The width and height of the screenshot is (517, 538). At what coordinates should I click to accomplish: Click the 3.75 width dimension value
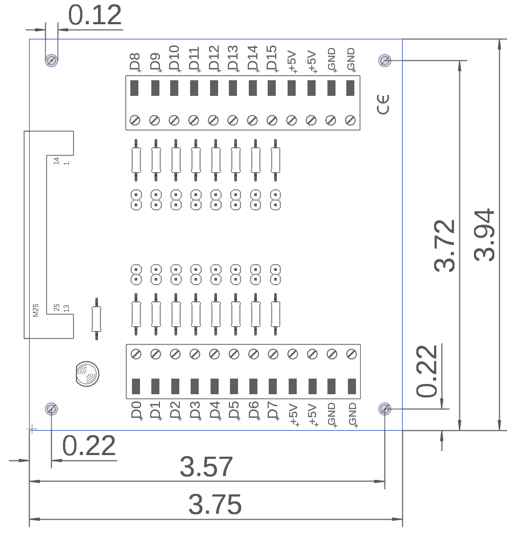215,505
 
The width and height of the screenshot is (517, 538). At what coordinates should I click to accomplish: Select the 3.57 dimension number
206,467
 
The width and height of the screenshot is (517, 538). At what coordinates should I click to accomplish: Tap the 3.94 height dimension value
485,235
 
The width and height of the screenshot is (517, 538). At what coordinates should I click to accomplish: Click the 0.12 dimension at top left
95,16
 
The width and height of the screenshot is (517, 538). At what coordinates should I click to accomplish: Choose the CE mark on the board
383,104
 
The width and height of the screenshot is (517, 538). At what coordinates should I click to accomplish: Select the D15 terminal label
271,59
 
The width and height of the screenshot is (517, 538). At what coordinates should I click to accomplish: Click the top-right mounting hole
385,60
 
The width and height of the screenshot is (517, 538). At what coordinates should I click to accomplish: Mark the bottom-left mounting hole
51,409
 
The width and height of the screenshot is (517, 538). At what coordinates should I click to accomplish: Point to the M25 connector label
36,310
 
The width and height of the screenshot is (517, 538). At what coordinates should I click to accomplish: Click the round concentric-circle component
87,373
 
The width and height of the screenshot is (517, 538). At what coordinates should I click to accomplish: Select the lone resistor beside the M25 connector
96,319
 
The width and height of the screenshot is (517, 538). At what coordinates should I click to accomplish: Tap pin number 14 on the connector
55,160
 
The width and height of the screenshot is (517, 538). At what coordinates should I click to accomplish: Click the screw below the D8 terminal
135,120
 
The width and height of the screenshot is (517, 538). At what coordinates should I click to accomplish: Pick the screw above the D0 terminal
136,354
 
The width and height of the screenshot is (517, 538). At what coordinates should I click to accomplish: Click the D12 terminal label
213,59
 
